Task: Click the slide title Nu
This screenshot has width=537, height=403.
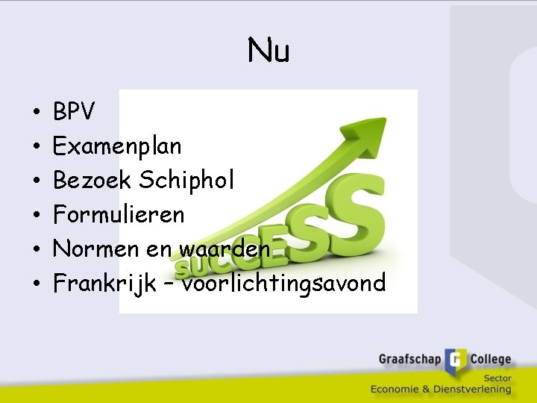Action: [268, 51]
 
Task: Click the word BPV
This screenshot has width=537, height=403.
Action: [74, 112]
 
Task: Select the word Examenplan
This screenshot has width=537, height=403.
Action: [117, 146]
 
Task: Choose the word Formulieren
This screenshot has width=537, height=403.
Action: [119, 214]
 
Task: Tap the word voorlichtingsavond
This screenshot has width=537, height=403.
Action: [284, 283]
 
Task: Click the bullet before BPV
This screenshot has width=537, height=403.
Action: [36, 113]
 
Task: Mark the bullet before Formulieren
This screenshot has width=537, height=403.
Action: [36, 216]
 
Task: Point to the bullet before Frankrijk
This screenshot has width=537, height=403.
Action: [36, 284]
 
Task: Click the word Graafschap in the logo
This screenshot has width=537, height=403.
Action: [409, 360]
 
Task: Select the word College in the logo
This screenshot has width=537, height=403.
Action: [490, 360]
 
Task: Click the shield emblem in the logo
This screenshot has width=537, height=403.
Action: [456, 361]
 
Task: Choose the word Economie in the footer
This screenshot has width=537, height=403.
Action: [398, 389]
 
